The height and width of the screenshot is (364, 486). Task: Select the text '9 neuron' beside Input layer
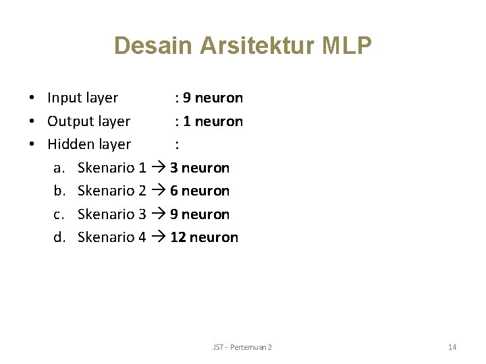tap(213, 98)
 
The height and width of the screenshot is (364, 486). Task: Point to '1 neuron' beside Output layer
tap(213, 121)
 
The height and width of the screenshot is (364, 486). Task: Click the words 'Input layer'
tap(82, 98)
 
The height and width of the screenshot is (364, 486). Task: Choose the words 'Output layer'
tap(88, 121)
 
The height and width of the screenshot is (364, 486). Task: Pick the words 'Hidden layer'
tap(89, 144)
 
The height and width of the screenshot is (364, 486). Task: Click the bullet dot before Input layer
tap(32, 98)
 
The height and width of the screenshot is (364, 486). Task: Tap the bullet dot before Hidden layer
tap(32, 144)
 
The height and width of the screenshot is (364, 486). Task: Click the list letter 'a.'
tap(59, 168)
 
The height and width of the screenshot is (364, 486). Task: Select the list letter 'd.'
tap(59, 237)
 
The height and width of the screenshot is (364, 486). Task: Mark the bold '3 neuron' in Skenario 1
tap(200, 168)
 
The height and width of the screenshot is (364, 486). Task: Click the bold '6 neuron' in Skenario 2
tap(200, 191)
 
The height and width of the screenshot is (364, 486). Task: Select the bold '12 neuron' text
tap(204, 237)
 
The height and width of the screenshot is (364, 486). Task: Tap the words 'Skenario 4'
tap(112, 237)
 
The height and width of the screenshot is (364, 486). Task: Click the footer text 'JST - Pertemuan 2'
tap(242, 347)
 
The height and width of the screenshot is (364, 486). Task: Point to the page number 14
tap(452, 347)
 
